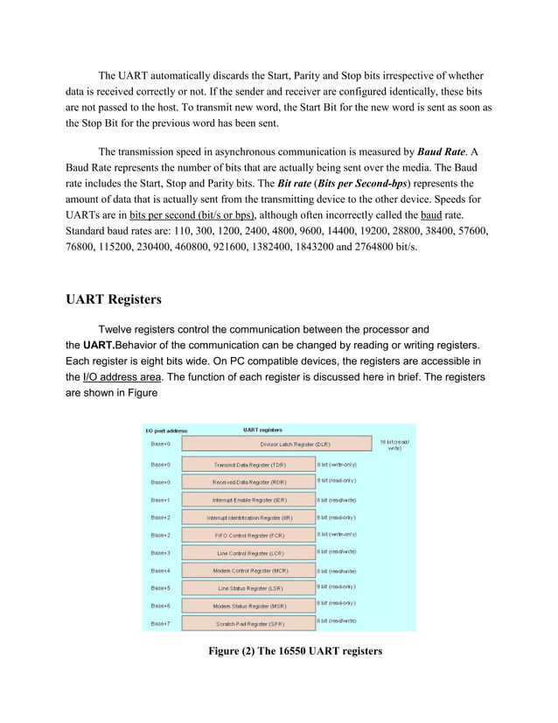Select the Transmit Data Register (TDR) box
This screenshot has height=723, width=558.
click(249, 464)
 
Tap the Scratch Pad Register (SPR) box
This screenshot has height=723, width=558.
click(249, 624)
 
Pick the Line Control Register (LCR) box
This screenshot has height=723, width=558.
click(249, 553)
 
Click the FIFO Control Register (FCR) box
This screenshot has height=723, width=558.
click(249, 535)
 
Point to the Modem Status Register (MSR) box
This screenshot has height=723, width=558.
click(249, 606)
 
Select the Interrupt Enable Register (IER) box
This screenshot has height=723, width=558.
click(249, 500)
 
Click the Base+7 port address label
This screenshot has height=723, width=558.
click(161, 623)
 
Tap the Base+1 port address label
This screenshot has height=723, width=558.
click(161, 500)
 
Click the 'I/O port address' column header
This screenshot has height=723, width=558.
click(166, 430)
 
